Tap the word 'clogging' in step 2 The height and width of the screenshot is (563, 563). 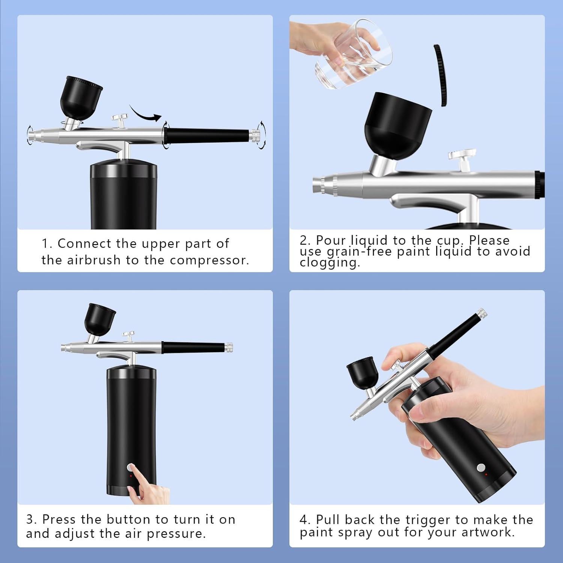[x=330, y=263]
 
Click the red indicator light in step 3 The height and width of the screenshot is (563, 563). [x=131, y=476]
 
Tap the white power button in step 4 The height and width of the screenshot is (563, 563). [x=480, y=468]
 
